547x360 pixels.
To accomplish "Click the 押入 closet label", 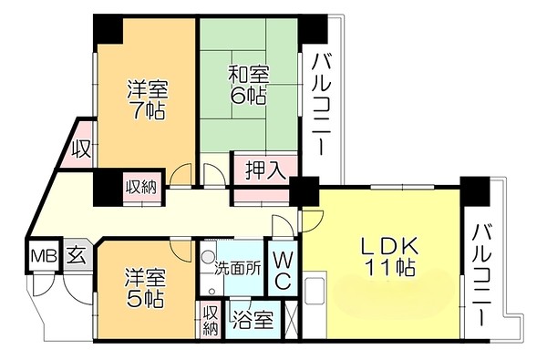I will tap(265, 169).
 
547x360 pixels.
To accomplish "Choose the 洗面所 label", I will tap(238, 269).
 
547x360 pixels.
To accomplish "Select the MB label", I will tap(42, 255).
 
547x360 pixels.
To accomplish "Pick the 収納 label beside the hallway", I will tap(140, 187).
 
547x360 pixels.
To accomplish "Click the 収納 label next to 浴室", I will tap(211, 319).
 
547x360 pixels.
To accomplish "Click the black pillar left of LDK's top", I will tap(304, 191).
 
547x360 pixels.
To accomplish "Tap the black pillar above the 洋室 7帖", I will tap(109, 29).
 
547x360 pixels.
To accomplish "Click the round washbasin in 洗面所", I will tap(208, 258).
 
